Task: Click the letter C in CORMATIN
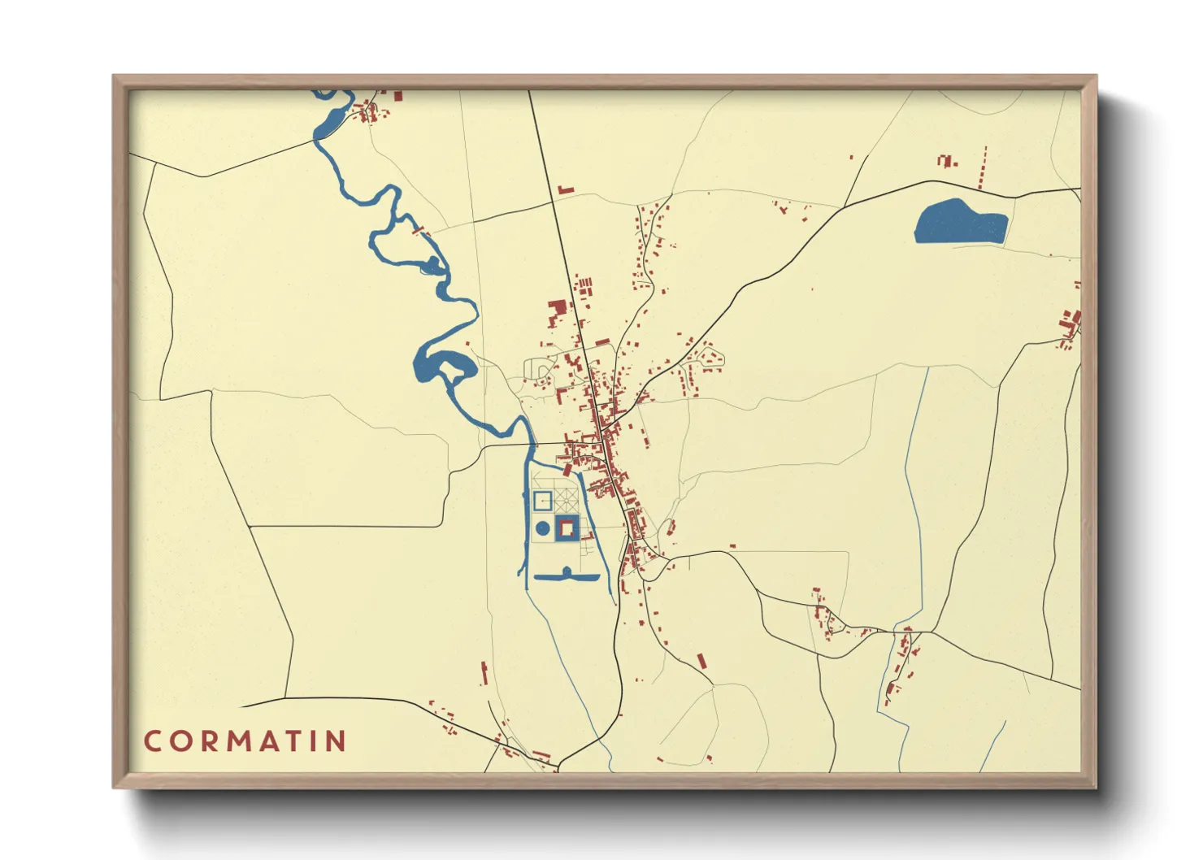(152, 741)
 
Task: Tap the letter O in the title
(181, 741)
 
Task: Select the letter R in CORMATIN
(211, 741)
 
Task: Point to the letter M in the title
(243, 741)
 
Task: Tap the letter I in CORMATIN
(324, 741)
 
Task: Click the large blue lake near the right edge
(959, 223)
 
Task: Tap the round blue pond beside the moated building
(542, 528)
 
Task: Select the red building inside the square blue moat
(567, 528)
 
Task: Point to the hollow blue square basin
(542, 500)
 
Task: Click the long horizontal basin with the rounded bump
(567, 576)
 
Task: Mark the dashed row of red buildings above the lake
(984, 168)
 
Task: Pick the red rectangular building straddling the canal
(567, 468)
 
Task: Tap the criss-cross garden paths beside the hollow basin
(567, 497)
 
